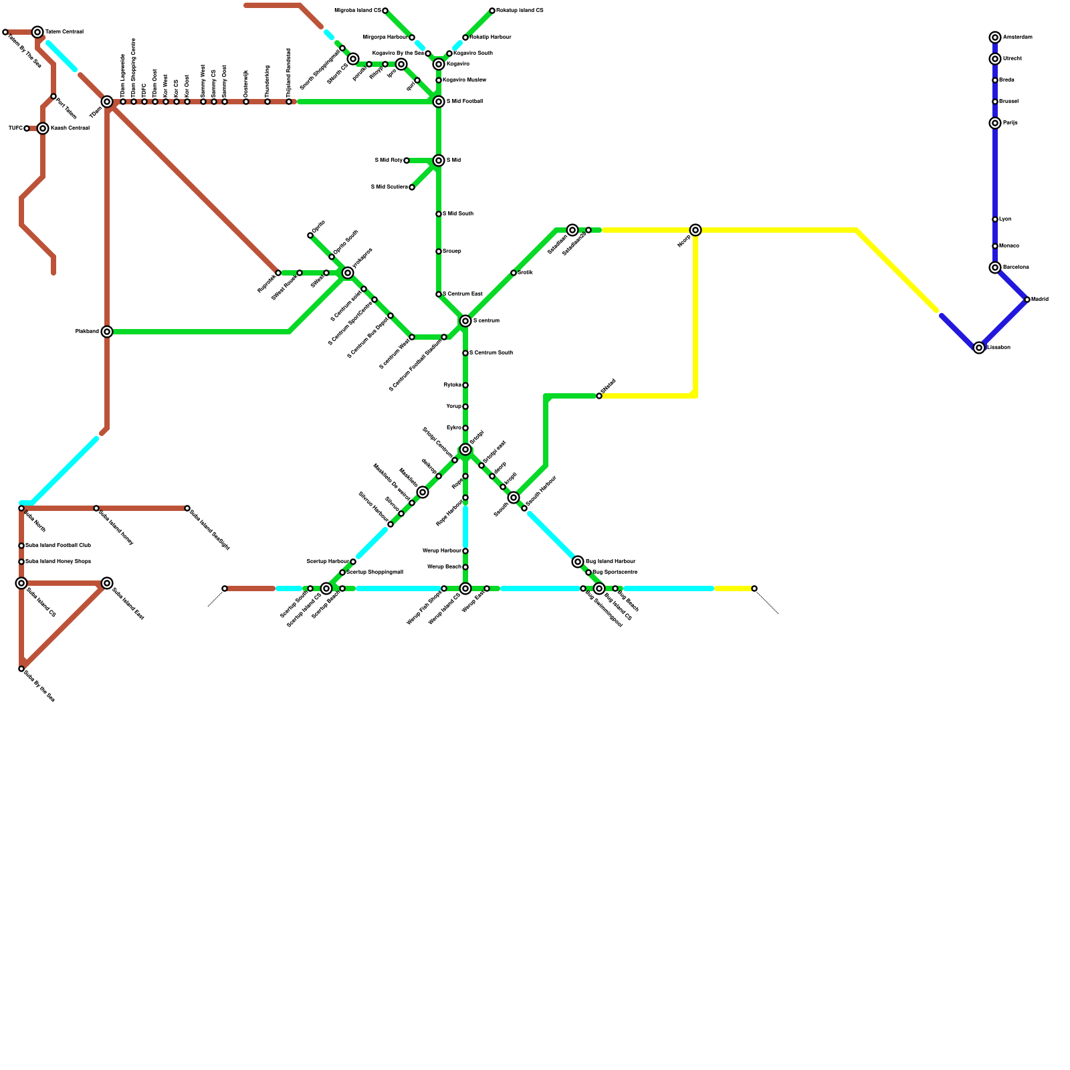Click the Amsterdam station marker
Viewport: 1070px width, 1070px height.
tap(995, 37)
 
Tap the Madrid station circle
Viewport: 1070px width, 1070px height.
tap(1027, 300)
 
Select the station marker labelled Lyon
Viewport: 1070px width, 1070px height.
tap(995, 219)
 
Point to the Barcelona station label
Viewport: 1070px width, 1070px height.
tap(1016, 267)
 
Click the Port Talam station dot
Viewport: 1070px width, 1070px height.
tap(53, 97)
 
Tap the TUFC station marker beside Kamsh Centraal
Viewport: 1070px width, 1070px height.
tap(27, 128)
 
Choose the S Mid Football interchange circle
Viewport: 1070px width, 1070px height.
tap(439, 102)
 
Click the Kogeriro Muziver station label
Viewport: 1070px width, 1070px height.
tap(464, 80)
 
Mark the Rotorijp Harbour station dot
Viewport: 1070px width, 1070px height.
tap(465, 37)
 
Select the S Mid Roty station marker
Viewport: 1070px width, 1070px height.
tap(407, 160)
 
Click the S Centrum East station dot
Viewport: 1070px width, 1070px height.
tap(439, 294)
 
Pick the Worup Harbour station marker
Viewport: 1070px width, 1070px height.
tap(465, 551)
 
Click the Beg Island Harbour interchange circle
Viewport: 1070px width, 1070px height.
tap(578, 562)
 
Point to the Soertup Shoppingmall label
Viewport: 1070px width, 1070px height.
tap(374, 572)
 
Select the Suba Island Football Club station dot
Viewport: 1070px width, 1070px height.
tap(21, 546)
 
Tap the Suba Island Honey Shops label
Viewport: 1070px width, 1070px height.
tap(58, 562)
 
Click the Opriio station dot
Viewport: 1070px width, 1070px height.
tap(310, 235)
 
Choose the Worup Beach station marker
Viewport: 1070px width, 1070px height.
tap(465, 567)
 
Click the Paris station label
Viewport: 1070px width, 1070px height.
tap(1010, 123)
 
